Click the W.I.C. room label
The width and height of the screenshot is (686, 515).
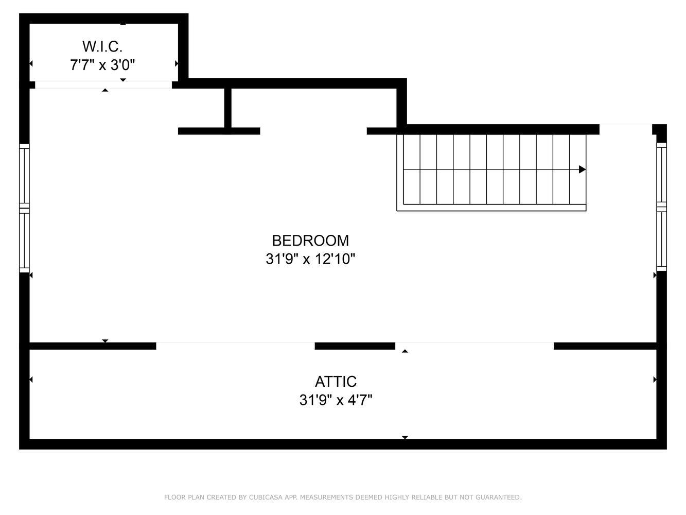pyautogui.click(x=102, y=46)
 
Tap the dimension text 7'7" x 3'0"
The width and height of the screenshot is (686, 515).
pyautogui.click(x=102, y=65)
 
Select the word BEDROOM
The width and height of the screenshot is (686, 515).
pyautogui.click(x=310, y=241)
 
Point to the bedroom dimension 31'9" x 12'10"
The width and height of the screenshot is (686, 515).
pyautogui.click(x=310, y=259)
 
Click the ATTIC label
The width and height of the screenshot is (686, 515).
pyautogui.click(x=336, y=382)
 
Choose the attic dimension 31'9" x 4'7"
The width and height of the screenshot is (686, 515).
pyautogui.click(x=336, y=400)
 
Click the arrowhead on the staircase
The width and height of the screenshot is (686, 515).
pyautogui.click(x=582, y=169)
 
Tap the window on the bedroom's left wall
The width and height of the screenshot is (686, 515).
pyautogui.click(x=24, y=208)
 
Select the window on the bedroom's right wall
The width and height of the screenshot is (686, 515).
pyautogui.click(x=661, y=207)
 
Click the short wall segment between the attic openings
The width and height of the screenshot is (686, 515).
pyautogui.click(x=355, y=346)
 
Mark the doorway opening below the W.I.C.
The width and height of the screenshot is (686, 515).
pyautogui.click(x=103, y=85)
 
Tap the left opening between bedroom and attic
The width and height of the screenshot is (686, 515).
pyautogui.click(x=235, y=346)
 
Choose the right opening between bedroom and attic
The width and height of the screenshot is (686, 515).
pyautogui.click(x=474, y=346)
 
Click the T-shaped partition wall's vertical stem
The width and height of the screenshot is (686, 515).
pyautogui.click(x=228, y=108)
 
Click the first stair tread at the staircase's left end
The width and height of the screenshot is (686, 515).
pyautogui.click(x=411, y=169)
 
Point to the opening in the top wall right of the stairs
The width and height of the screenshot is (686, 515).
pyautogui.click(x=626, y=129)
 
